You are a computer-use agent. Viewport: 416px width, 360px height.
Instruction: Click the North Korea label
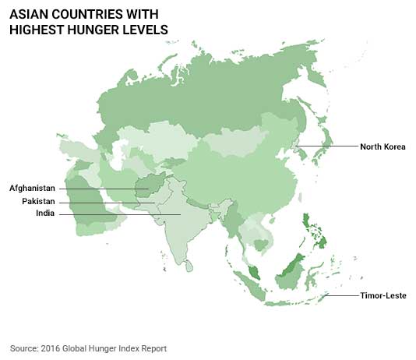coord(384,146)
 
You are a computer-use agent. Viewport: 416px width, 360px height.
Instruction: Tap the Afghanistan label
coord(33,188)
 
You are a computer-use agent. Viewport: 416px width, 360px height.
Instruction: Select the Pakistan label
coord(38,201)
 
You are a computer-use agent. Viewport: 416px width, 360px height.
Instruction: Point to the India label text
coord(45,214)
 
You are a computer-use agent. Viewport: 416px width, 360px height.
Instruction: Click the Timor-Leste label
coord(383,296)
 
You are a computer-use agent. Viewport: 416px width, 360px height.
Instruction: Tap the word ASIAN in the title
coord(33,14)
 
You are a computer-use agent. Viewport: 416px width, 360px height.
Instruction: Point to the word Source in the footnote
coord(23,348)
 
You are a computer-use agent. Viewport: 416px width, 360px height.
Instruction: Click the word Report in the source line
coord(153,348)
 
